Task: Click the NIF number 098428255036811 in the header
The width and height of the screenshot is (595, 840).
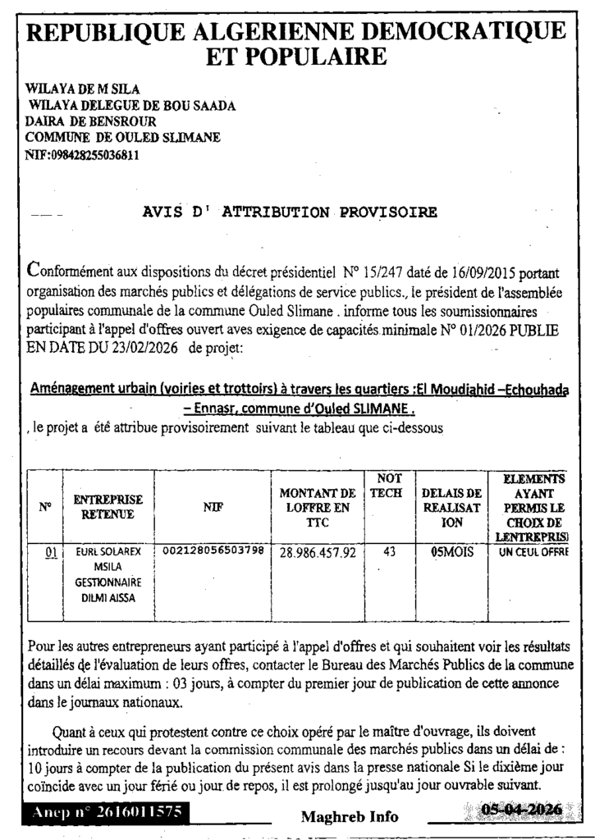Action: [x=82, y=153]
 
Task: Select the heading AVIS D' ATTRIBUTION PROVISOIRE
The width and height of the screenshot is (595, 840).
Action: [x=290, y=212]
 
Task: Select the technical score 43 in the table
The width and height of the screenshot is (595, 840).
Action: [x=389, y=552]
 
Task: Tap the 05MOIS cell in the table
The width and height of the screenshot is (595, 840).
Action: [x=451, y=553]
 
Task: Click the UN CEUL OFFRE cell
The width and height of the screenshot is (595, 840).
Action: [x=533, y=552]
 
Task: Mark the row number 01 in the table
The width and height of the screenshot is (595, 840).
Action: [x=49, y=552]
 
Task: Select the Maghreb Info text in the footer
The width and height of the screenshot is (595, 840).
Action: [x=350, y=816]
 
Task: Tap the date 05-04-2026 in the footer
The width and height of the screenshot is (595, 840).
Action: [x=522, y=810]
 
